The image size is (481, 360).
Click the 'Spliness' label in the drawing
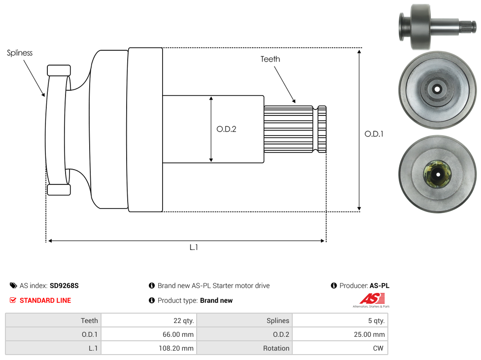(x=20, y=53)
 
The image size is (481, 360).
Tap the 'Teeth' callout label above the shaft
(x=270, y=59)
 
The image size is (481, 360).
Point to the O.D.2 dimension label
(x=226, y=129)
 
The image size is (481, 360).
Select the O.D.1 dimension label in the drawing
(x=374, y=134)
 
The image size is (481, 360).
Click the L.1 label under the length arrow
(x=194, y=248)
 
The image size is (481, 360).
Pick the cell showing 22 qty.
(x=148, y=321)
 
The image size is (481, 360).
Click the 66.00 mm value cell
(x=148, y=334)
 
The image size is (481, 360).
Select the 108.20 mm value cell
(x=148, y=348)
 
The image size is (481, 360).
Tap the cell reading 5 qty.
(x=340, y=321)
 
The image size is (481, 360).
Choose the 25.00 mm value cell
(x=340, y=334)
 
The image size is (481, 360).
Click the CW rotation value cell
(x=340, y=348)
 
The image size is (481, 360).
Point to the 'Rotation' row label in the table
(x=244, y=348)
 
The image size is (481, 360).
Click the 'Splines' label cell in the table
(x=244, y=321)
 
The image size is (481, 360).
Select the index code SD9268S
(x=64, y=286)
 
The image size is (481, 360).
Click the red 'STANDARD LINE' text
(x=45, y=300)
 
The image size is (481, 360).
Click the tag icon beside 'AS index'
(x=13, y=286)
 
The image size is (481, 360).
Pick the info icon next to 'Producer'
(x=334, y=286)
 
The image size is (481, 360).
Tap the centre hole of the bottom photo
(x=437, y=174)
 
